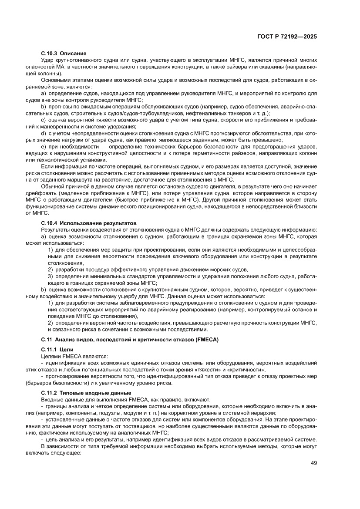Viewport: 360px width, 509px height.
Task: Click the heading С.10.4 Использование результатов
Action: pyautogui.click(x=88, y=222)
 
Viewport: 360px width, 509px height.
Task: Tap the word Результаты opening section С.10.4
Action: pyautogui.click(x=56, y=229)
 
